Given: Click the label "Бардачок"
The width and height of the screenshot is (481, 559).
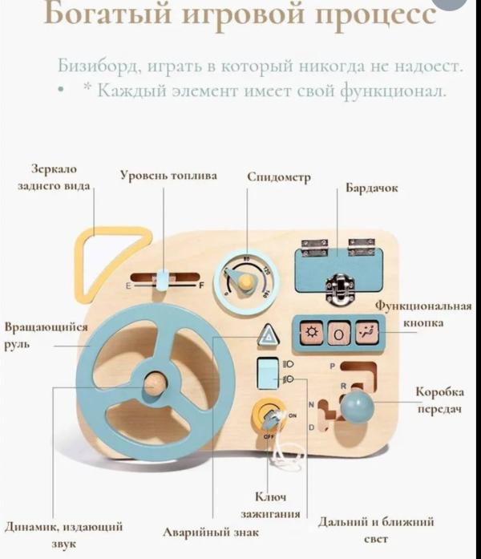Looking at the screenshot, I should pyautogui.click(x=371, y=188).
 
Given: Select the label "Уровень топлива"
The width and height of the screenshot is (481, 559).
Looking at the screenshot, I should pyautogui.click(x=168, y=175).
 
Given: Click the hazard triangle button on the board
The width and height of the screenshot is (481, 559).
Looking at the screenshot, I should pyautogui.click(x=267, y=336).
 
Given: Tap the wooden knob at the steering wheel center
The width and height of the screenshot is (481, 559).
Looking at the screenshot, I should pyautogui.click(x=156, y=383).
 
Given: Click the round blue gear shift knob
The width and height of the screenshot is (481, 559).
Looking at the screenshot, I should pyautogui.click(x=356, y=407).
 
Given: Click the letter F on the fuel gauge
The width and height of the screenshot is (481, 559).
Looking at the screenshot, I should pyautogui.click(x=201, y=285).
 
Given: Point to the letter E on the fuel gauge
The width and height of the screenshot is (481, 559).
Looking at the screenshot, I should pyautogui.click(x=127, y=286).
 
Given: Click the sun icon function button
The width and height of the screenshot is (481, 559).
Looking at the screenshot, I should pyautogui.click(x=311, y=332).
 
